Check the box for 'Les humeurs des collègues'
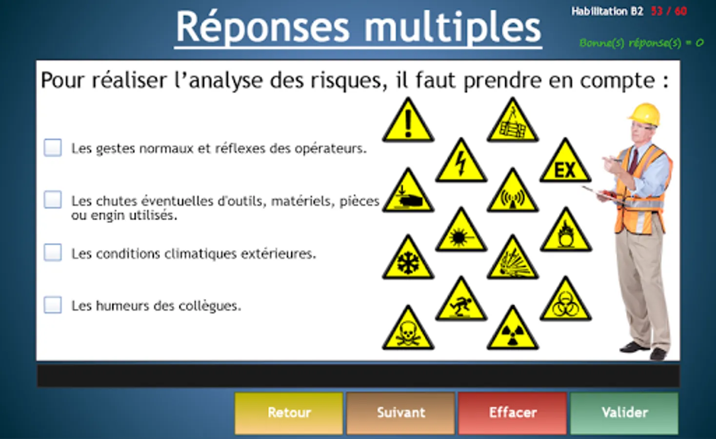pos(53,305)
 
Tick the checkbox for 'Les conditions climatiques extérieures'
pos(53,252)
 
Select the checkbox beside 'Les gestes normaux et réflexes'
pos(53,147)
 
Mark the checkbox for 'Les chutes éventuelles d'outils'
pos(53,200)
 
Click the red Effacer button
pos(513,413)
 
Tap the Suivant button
pos(400,413)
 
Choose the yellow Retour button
pos(289,413)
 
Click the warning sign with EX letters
pos(565,160)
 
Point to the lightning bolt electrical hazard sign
pos(461,160)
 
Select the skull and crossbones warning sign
pos(408,328)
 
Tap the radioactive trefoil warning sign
pos(513,328)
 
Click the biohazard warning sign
pos(565,299)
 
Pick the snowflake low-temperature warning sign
pos(408,258)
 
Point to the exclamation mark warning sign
pos(408,120)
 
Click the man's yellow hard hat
pos(645,114)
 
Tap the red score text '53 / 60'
pos(669,12)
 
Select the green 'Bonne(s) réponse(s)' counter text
pos(641,43)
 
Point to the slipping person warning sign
pos(461,299)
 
